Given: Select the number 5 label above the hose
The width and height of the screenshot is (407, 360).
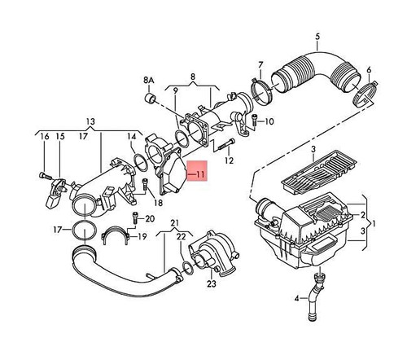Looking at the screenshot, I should click(318, 37).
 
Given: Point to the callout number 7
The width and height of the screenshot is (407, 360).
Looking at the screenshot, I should click(260, 64).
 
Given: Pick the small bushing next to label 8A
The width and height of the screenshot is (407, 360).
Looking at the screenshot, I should click(151, 100).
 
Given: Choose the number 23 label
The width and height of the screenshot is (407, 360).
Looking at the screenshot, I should click(211, 283).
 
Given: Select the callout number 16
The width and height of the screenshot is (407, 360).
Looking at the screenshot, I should click(44, 136).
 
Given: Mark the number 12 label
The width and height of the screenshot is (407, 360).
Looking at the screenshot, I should click(229, 160).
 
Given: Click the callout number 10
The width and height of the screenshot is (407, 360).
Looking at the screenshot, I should click(270, 123).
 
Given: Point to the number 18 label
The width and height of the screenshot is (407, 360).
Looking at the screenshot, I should click(157, 201).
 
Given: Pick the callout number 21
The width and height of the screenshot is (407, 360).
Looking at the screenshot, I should click(174, 223).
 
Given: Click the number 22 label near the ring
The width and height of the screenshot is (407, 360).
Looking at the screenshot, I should click(182, 236).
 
